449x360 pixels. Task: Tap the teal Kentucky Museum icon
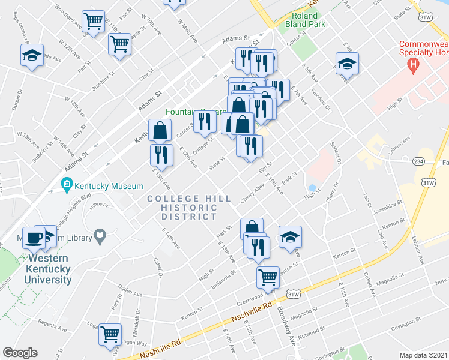tap(67, 183)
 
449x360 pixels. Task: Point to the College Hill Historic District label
tap(183, 207)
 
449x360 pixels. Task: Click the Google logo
tap(20, 353)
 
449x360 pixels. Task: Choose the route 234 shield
tap(418, 161)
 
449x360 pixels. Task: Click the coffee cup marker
tap(33, 238)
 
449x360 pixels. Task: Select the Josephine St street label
tap(387, 208)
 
